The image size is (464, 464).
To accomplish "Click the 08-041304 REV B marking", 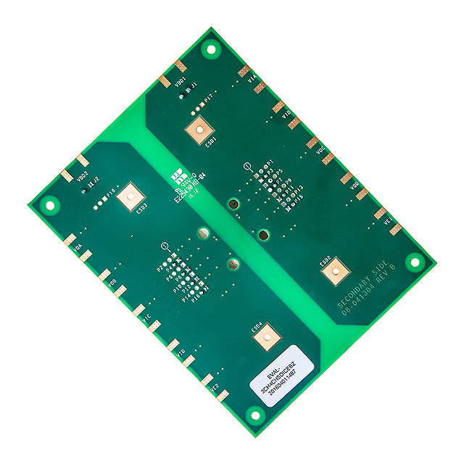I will pyautogui.click(x=371, y=291).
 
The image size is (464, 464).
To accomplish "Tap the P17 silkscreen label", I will pyautogui.click(x=208, y=97).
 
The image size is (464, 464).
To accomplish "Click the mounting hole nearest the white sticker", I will pyautogui.click(x=254, y=414).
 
